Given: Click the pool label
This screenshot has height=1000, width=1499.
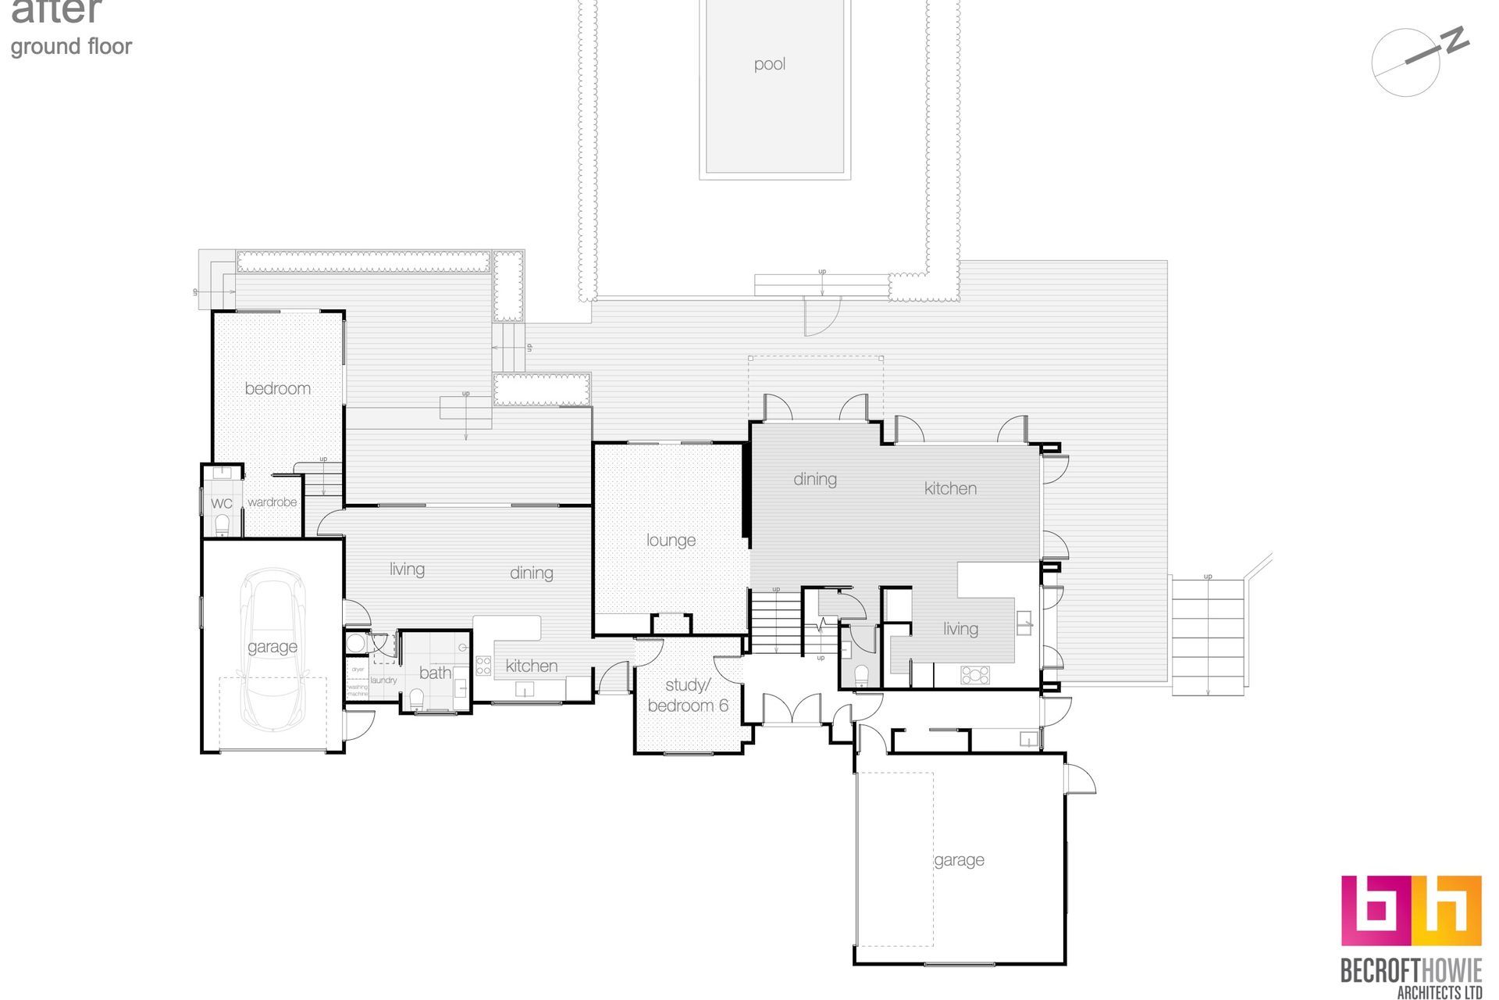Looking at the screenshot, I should pos(769,64).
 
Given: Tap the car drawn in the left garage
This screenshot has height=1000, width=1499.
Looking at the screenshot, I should pos(272,647).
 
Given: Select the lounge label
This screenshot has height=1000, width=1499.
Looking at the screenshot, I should pos(671,540).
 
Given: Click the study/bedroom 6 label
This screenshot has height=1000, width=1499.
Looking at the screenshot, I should pos(687,695).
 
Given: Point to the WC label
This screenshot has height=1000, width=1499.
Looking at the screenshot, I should pos(222,503).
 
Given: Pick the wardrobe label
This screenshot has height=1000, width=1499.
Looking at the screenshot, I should pos(272,502).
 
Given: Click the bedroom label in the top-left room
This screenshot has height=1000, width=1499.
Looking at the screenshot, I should pos(277,388).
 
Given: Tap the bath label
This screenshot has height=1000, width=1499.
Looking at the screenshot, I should pos(435,673).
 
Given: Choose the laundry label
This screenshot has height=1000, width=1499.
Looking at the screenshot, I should pos(384,680).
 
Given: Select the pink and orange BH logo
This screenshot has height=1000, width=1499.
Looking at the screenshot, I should pos(1411,910).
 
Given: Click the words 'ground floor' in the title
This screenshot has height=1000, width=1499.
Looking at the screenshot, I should pos(71,47).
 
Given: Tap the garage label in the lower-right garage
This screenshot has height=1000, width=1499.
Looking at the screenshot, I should pos(959,860).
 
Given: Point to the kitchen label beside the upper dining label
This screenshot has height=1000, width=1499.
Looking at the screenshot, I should pos(950,488).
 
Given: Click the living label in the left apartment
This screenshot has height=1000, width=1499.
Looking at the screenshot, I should pos(407,569).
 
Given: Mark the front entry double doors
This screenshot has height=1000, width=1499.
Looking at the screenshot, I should pos(791,709).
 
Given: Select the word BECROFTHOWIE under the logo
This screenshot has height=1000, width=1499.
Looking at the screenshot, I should pos(1410,970).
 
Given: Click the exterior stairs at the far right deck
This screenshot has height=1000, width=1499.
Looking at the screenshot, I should pos(1207,634).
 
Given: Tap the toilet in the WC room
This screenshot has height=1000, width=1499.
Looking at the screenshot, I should pos(223,522).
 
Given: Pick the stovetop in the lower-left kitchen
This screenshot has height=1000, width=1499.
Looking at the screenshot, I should pos(483,666).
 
